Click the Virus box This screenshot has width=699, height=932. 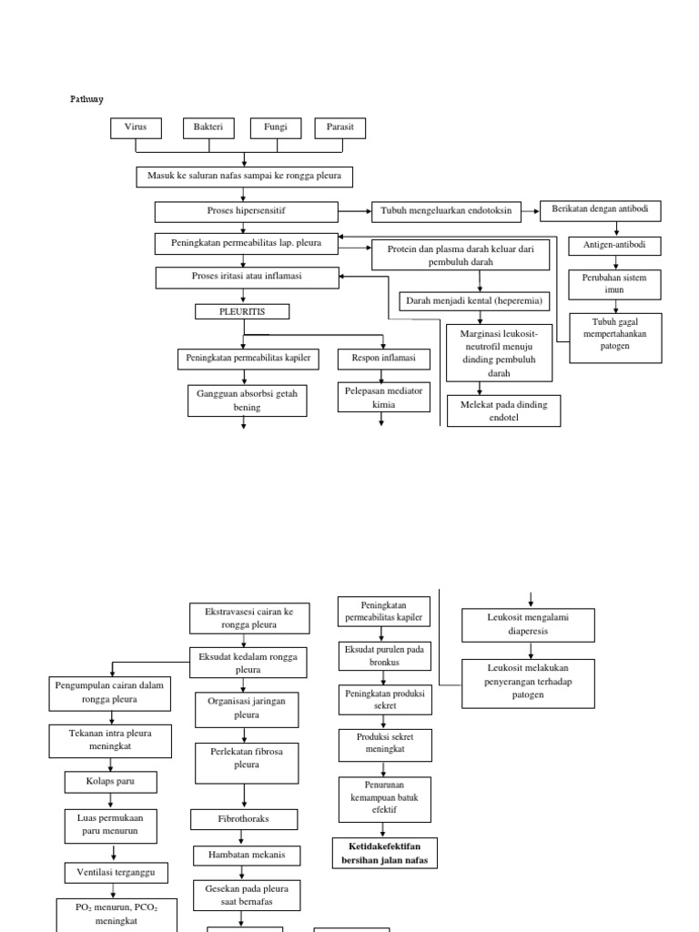point(136,127)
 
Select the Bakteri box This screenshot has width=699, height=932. point(208,127)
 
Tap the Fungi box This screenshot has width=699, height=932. point(276,127)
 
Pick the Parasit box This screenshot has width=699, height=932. point(340,127)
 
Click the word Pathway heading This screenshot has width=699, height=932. point(86,98)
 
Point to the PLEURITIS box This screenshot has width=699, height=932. point(242,311)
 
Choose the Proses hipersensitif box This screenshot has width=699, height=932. point(246,211)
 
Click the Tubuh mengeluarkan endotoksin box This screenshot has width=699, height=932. point(446,211)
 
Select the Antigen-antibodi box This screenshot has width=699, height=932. point(614,246)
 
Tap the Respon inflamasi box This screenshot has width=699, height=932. point(383,359)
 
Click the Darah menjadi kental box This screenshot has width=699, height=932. point(474,301)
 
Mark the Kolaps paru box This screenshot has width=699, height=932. point(110,782)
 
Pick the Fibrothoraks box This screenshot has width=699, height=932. point(244,819)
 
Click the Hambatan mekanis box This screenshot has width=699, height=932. point(247,856)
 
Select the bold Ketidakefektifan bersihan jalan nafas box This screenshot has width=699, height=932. point(385,853)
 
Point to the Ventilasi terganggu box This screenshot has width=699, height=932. point(116,873)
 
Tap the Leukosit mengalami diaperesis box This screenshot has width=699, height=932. point(528,624)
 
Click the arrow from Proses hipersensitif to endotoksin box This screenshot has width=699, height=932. point(355,211)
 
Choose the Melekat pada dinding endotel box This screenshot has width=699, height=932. point(503,410)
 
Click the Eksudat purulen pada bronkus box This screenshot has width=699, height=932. point(384,656)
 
